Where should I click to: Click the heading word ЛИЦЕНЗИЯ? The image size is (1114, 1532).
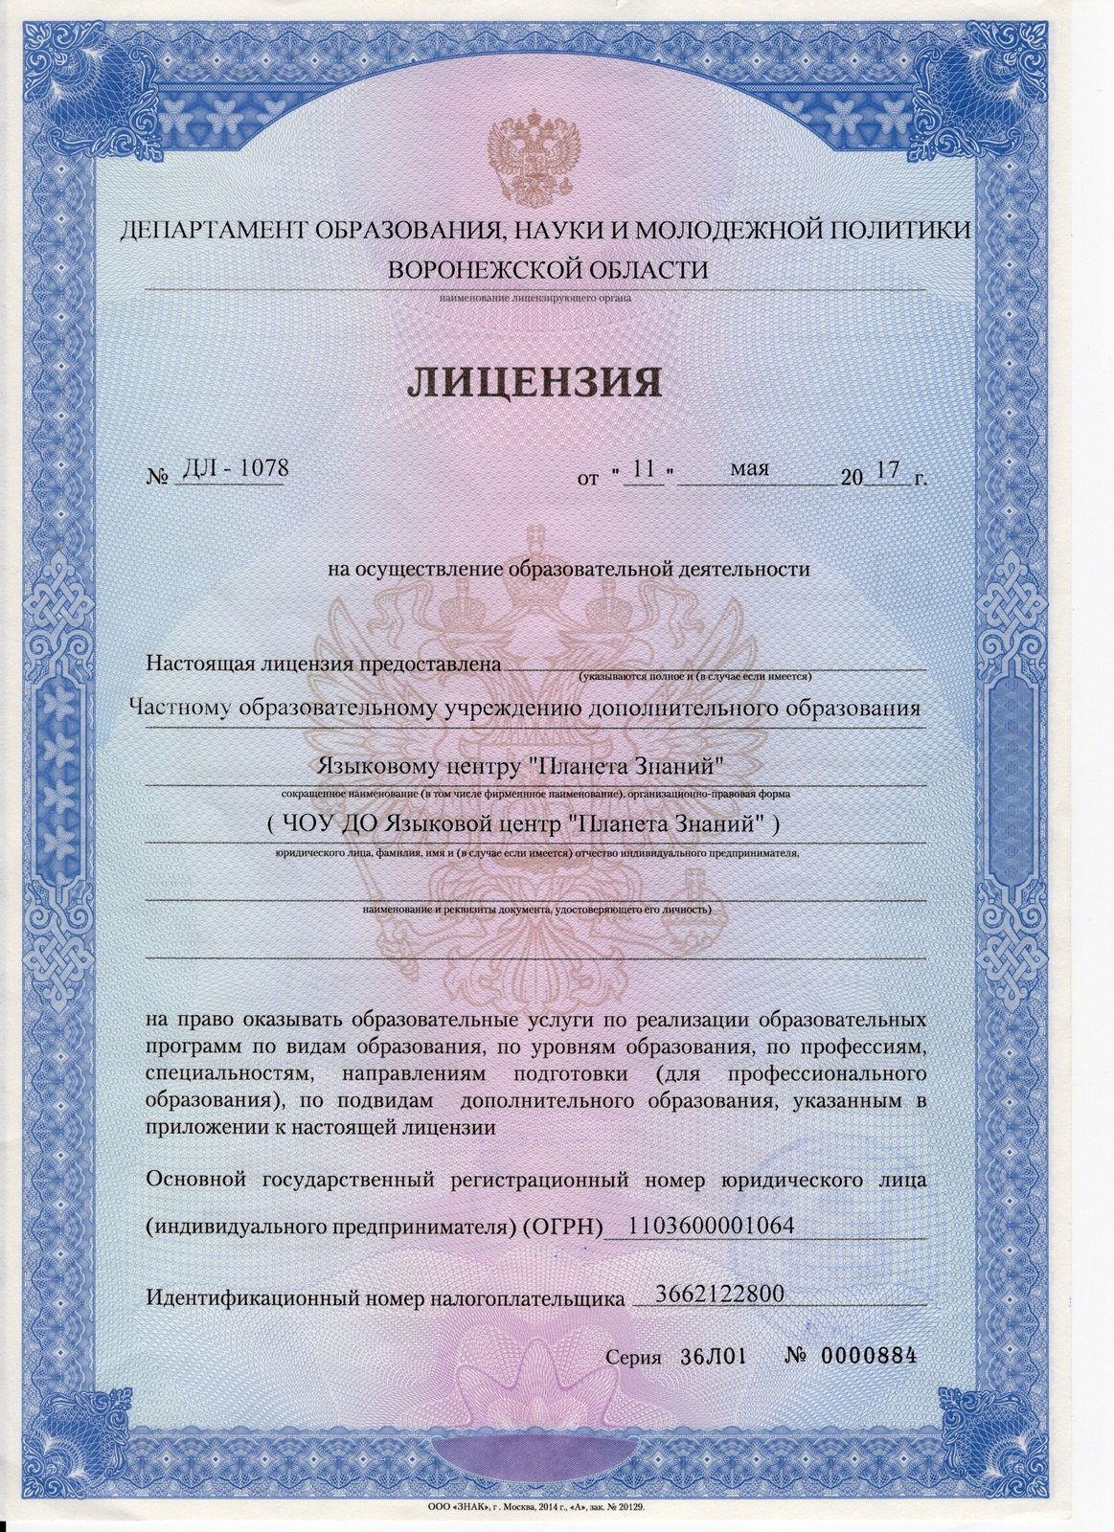pos(535,382)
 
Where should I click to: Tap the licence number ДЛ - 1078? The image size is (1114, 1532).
pos(232,468)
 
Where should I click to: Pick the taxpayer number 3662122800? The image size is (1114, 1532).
pos(719,1294)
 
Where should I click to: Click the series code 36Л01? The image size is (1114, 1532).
pos(713,1357)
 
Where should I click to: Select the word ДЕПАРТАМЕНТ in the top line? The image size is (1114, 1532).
pos(209,231)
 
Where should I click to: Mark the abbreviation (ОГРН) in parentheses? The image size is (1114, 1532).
pos(563,1227)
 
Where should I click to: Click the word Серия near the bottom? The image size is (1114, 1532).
pos(633,1358)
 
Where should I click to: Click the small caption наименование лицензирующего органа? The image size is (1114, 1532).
pos(535,298)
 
